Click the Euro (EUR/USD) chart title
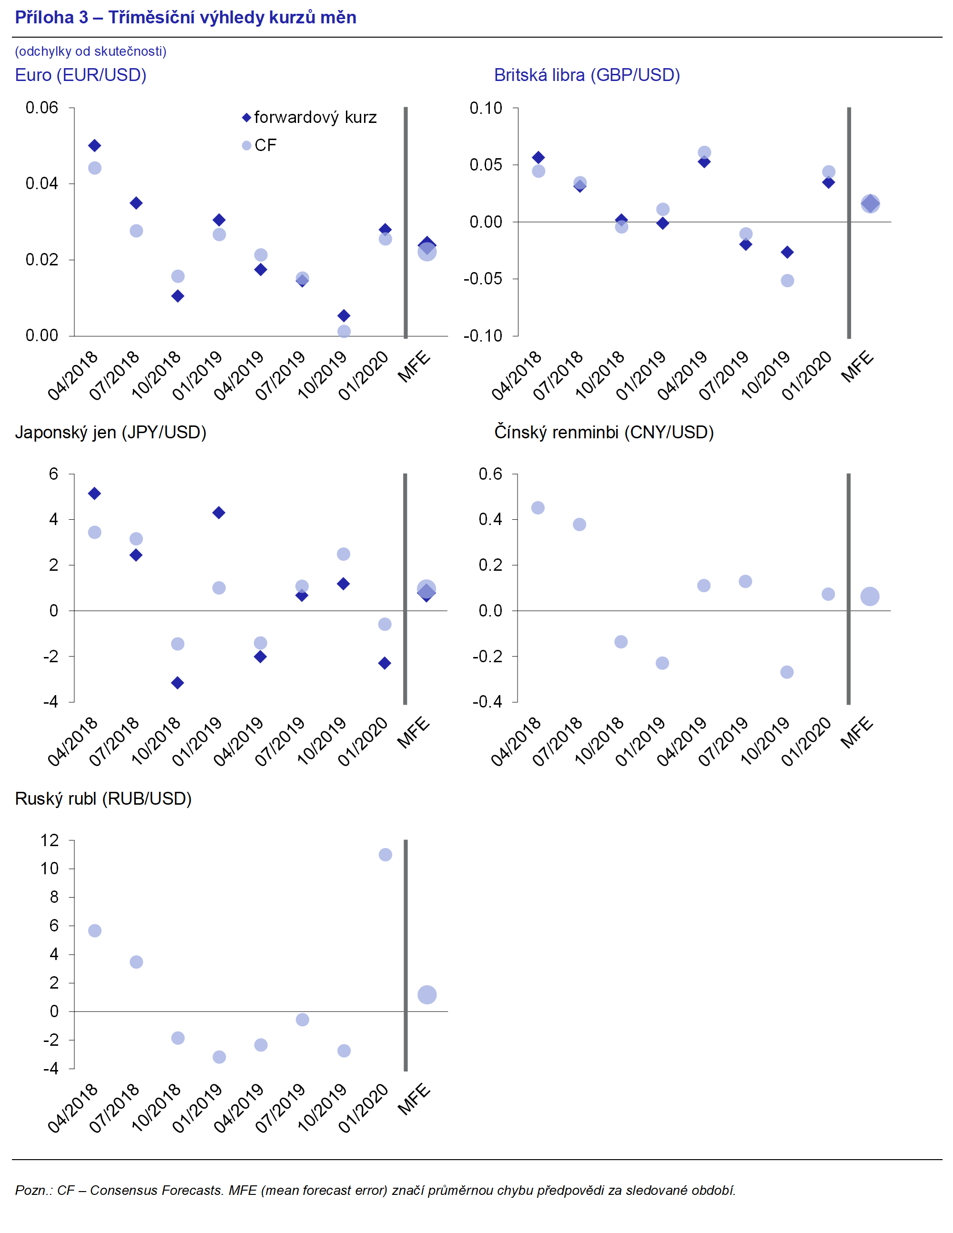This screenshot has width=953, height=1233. [x=81, y=75]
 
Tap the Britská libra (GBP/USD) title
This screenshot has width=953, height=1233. [x=587, y=75]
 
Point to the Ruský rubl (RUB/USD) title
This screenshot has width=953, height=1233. [x=103, y=799]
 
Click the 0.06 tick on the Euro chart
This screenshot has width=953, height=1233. [x=42, y=108]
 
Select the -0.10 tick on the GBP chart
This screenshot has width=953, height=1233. [x=483, y=336]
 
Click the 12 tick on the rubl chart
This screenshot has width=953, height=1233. [x=50, y=840]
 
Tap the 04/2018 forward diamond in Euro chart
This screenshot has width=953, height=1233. [x=95, y=146]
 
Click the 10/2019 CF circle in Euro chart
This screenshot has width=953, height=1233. [x=344, y=332]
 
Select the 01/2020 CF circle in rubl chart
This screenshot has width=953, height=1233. [x=385, y=855]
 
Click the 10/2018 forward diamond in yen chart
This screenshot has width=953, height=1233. [x=177, y=683]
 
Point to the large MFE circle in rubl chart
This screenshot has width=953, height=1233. [x=427, y=995]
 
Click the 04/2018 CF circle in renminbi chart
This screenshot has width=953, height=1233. [x=538, y=508]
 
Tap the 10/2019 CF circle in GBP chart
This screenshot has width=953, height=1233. [x=788, y=281]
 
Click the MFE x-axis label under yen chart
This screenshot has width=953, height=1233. [x=414, y=733]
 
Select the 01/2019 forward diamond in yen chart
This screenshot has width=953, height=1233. [x=219, y=513]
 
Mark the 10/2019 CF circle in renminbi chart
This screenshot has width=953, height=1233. [x=787, y=672]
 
